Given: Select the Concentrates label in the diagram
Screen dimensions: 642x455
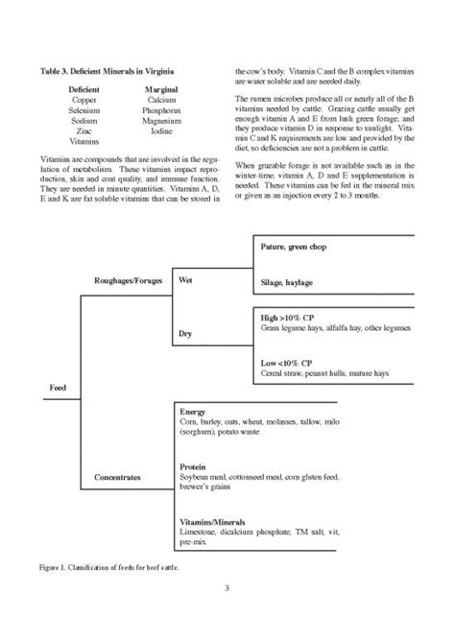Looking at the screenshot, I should pos(121,475).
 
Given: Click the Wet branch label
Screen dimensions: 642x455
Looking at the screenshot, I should pos(187,281).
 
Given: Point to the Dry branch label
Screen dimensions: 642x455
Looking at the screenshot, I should pos(186,334).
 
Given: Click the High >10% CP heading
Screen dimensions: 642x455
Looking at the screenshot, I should pos(289,316).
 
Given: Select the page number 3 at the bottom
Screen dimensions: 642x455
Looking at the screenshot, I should pos(227,588).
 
